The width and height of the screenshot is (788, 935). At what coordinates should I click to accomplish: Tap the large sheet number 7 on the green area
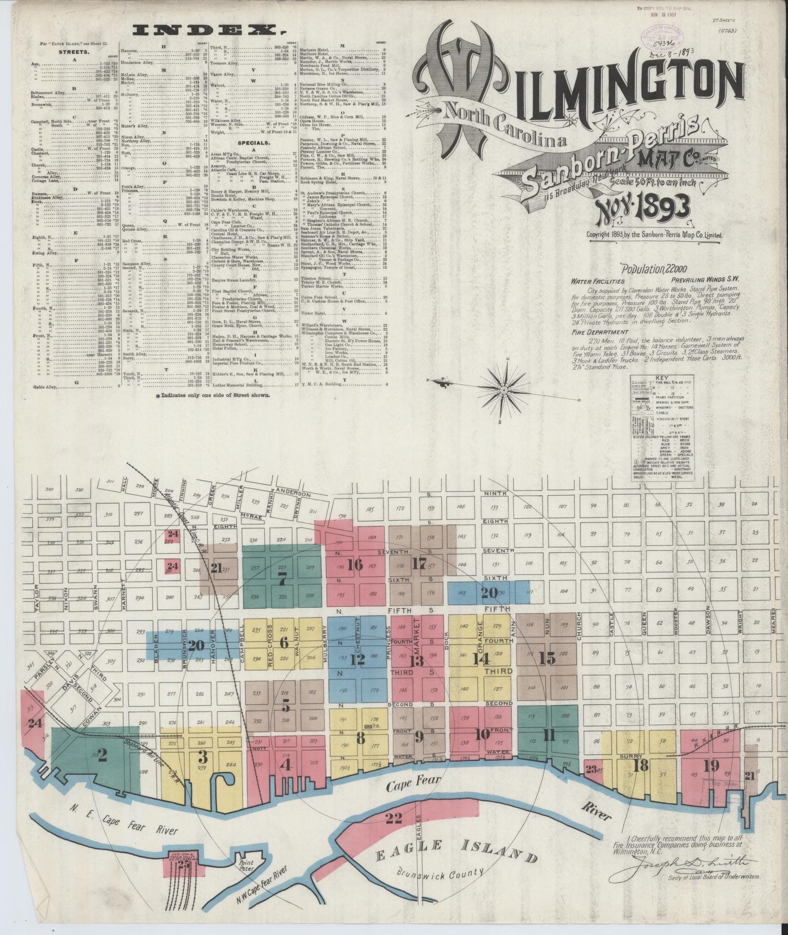click(x=282, y=581)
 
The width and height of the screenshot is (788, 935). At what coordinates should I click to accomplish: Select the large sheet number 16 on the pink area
click(x=354, y=565)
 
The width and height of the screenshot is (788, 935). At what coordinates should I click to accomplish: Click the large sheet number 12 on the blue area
click(x=357, y=660)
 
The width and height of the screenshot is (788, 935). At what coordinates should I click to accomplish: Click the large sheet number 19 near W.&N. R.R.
click(x=711, y=765)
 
